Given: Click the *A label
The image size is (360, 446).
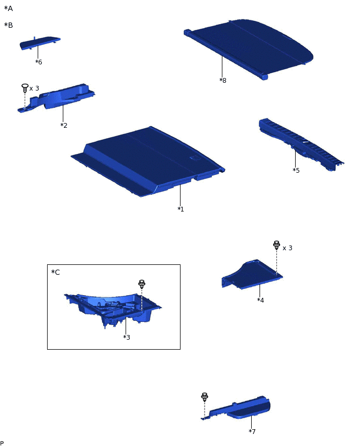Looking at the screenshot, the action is [8, 8].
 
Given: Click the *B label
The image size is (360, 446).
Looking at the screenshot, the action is [8, 25].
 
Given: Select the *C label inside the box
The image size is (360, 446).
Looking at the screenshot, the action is [55, 272].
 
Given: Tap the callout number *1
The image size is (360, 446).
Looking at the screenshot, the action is [181, 209].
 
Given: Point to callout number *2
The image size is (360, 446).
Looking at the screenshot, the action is [64, 125].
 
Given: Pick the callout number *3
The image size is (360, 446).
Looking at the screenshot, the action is [126, 337].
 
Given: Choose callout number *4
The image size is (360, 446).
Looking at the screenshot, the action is [260, 300].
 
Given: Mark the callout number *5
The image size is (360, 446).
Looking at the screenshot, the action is [296, 170].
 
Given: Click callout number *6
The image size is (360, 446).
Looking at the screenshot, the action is [38, 62].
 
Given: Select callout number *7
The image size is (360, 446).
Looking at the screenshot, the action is [252, 431].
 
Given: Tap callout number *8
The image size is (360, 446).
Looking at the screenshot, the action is [223, 80].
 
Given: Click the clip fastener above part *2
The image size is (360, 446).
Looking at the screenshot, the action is [25, 88].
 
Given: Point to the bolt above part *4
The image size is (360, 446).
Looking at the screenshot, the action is [276, 245].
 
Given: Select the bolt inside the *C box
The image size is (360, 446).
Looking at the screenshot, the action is [142, 284].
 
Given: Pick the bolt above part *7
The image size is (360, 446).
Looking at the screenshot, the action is [205, 397].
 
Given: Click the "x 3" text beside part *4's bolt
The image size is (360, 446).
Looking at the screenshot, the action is [287, 248].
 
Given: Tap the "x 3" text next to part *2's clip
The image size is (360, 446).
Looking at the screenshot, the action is [34, 88].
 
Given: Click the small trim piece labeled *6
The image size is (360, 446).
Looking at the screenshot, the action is [40, 42].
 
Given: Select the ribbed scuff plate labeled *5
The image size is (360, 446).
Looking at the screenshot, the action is [301, 144].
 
